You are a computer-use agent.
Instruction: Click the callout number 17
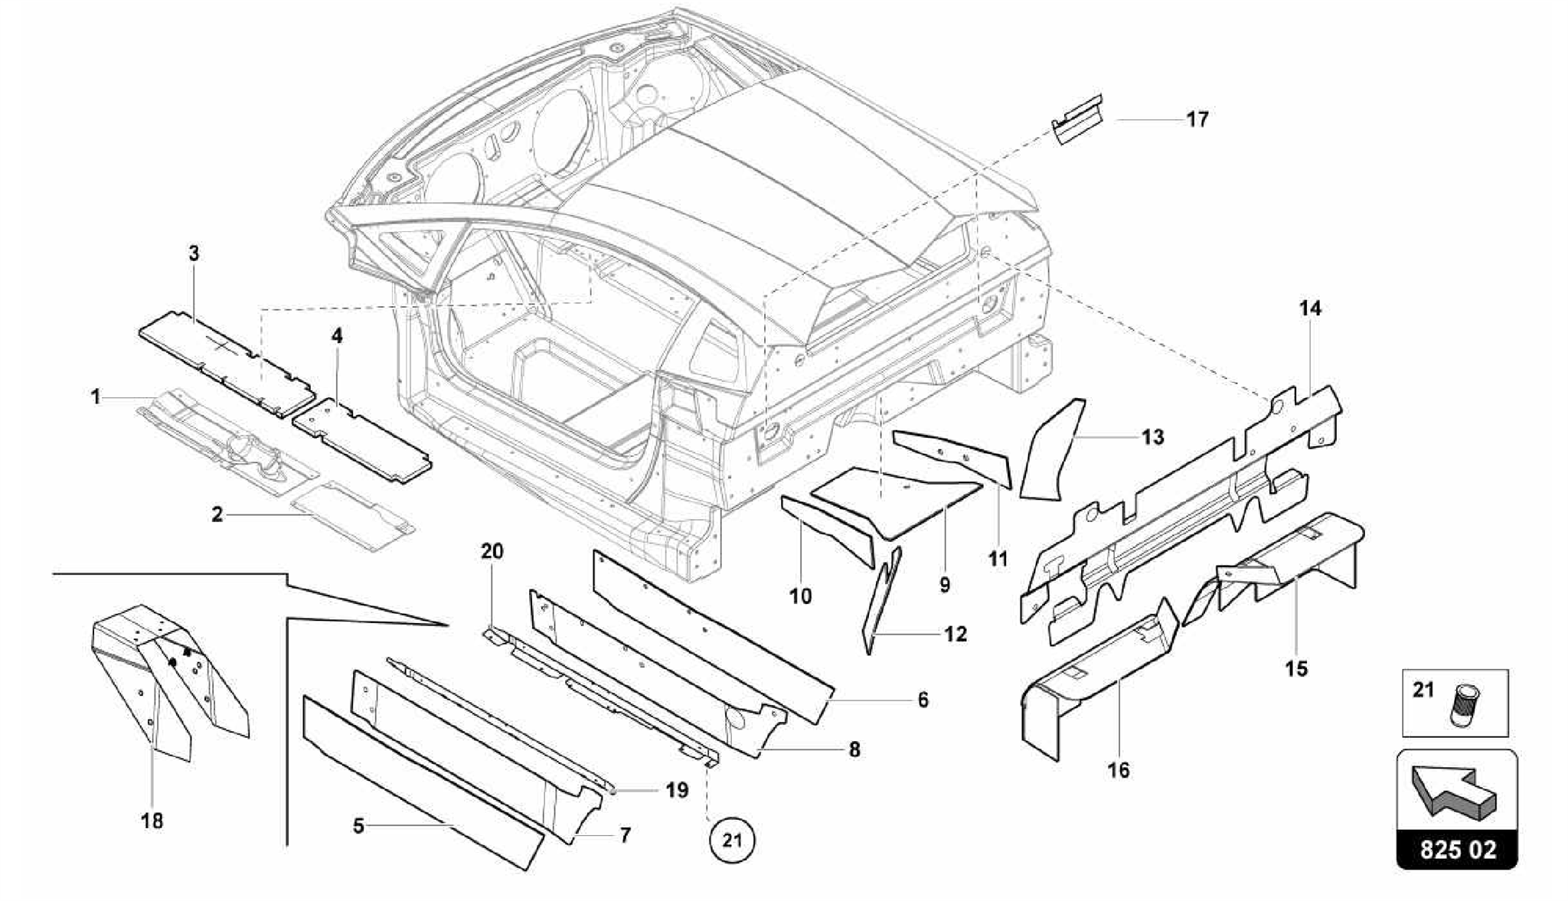tap(1197, 119)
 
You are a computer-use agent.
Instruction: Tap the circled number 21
tap(733, 841)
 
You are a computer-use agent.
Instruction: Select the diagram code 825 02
tap(1457, 850)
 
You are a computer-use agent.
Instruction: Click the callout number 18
tap(152, 821)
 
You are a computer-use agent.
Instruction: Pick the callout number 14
tap(1310, 308)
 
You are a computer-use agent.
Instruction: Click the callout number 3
tap(194, 253)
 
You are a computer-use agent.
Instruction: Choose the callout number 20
tap(492, 550)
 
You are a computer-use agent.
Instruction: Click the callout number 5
tap(358, 826)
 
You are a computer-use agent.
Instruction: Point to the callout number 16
tap(1119, 769)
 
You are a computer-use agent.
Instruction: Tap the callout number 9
tap(945, 585)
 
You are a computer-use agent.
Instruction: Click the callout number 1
tap(96, 397)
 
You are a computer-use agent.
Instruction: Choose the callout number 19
tap(677, 790)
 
